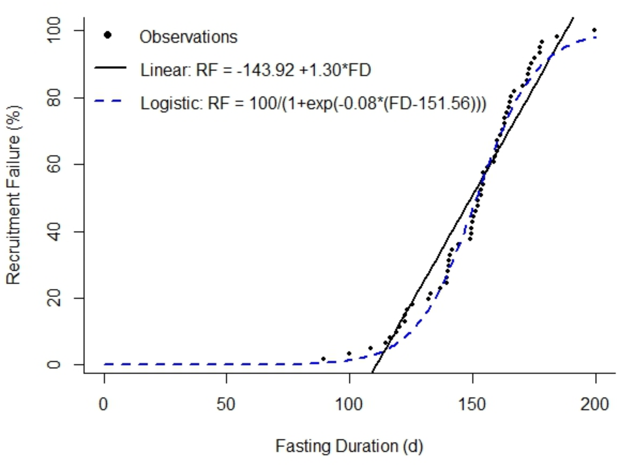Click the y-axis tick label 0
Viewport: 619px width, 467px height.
(54, 365)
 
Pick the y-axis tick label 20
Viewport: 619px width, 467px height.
(54, 298)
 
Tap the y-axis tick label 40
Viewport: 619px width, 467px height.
(54, 232)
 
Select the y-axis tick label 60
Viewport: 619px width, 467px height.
(54, 165)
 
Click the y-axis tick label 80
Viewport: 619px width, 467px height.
(54, 98)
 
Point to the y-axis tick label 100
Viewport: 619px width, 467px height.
(54, 30)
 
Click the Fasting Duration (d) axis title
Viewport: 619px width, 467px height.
(349, 446)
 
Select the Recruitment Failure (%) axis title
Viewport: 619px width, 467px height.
(14, 195)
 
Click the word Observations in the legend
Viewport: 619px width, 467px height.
(188, 37)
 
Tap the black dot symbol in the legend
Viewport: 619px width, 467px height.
(108, 35)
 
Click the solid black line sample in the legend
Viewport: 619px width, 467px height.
(110, 68)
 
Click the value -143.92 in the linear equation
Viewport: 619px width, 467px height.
(265, 70)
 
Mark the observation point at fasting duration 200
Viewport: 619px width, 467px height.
(594, 30)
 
